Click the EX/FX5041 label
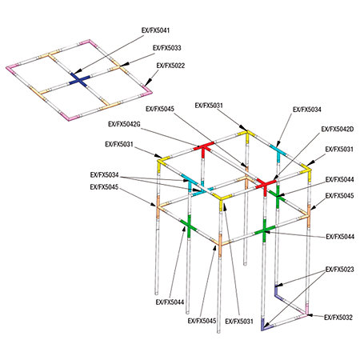click(155, 30)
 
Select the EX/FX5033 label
click(167, 48)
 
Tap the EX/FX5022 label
click(170, 66)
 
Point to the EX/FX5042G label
click(124, 124)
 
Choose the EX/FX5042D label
click(338, 129)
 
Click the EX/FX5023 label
click(340, 270)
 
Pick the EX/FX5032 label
click(338, 318)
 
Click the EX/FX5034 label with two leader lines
click(104, 175)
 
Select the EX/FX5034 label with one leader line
click(307, 110)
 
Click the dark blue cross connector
click(79, 80)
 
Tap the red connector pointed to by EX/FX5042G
click(203, 148)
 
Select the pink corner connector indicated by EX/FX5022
click(147, 90)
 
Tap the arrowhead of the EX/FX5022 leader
click(146, 84)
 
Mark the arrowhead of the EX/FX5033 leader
click(124, 64)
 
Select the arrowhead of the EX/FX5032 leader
click(310, 315)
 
